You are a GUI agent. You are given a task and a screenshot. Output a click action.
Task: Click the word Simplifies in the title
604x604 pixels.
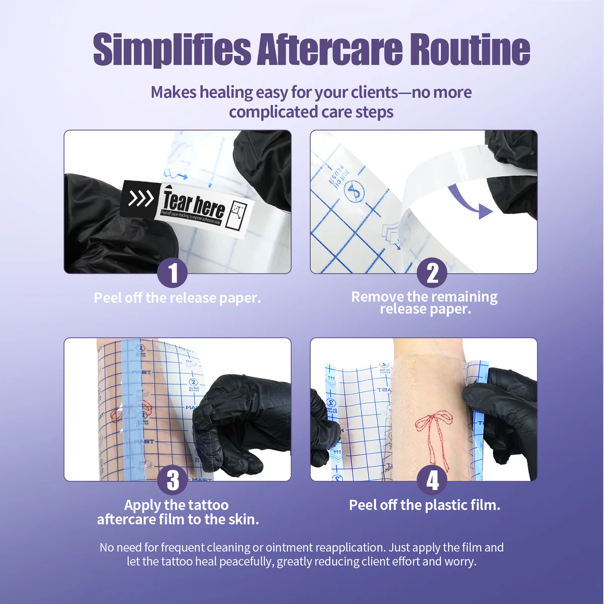click(x=172, y=49)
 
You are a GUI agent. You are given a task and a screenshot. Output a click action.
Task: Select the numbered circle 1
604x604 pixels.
click(x=173, y=273)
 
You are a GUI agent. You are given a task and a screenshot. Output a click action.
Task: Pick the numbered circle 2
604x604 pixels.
click(x=432, y=273)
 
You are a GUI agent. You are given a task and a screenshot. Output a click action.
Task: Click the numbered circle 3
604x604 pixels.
click(x=173, y=480)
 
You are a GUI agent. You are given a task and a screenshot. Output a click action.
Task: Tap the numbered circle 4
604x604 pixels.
click(x=432, y=480)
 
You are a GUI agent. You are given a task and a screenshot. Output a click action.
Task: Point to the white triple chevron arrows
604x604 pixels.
click(x=140, y=199)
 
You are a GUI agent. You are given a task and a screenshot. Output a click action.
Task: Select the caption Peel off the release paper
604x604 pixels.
click(x=177, y=298)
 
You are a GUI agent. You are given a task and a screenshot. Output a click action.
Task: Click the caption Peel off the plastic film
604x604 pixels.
click(x=424, y=505)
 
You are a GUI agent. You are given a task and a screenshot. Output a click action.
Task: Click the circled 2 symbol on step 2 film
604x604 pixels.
click(x=353, y=192)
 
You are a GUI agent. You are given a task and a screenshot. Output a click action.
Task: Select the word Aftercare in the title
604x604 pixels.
click(x=330, y=49)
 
